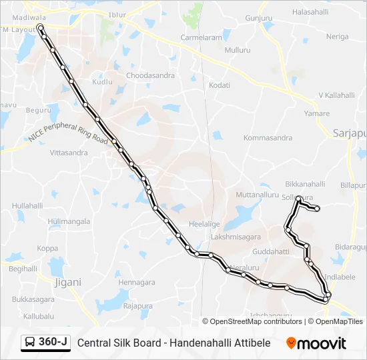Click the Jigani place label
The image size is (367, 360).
(x=67, y=282)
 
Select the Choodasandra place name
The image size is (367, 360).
(x=151, y=75)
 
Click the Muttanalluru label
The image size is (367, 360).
(x=257, y=195)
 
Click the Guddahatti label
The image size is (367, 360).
(x=271, y=251)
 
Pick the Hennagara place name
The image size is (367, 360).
(x=136, y=282)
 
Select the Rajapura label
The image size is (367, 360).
(x=138, y=306)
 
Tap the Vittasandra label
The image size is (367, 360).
(x=69, y=153)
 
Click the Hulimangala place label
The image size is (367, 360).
(x=69, y=221)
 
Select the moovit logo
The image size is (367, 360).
(x=316, y=343)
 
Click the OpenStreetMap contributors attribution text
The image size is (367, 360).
(x=256, y=321)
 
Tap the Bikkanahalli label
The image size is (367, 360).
(x=305, y=184)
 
